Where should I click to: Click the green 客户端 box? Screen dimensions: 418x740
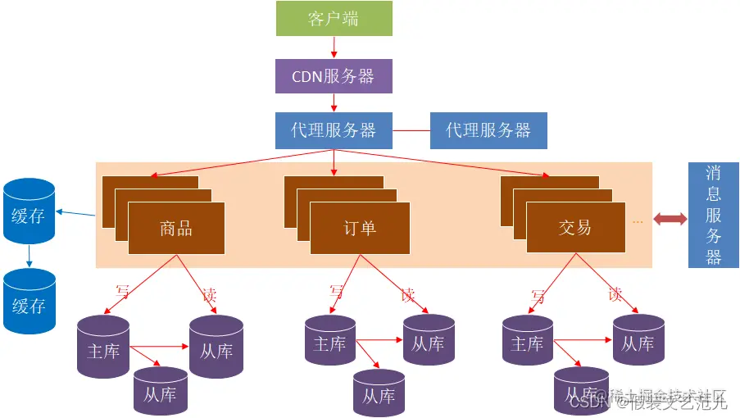pos(334,19)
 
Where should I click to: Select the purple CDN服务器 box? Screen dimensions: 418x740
pos(334,76)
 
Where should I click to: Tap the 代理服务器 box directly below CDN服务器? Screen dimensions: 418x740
pos(334,130)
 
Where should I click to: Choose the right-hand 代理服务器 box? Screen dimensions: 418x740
pos(488,130)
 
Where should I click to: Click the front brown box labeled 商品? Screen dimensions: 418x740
pos(176,228)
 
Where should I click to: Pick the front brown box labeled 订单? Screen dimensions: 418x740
pos(359,228)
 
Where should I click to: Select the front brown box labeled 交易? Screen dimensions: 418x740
pos(574,228)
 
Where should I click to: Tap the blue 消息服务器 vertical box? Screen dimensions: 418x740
pos(713,215)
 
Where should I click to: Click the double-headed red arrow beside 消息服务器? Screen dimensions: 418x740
pos(670,219)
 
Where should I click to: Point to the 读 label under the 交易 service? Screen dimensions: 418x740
pos(615,293)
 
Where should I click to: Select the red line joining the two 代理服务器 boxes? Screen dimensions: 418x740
pos(411,130)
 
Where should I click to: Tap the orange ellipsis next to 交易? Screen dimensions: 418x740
pos(638,221)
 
